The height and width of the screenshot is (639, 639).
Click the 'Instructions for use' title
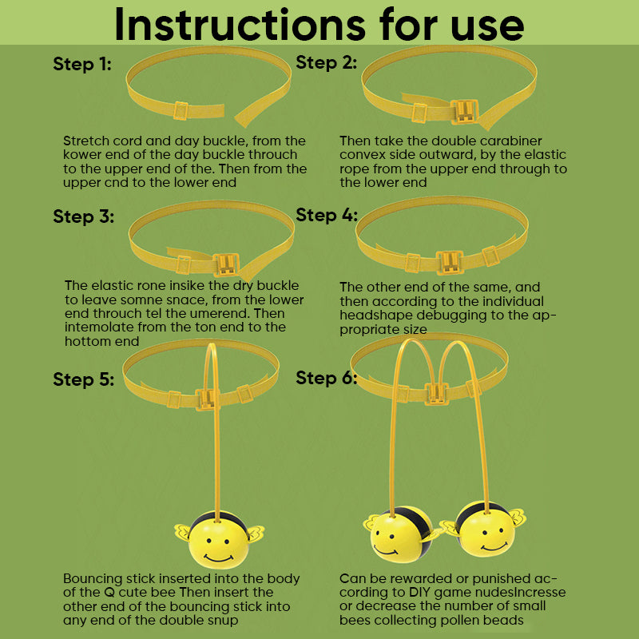[319, 25]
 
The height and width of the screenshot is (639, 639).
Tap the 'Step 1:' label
[82, 65]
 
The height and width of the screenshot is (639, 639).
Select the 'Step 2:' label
[327, 63]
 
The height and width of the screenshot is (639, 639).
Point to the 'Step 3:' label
[84, 216]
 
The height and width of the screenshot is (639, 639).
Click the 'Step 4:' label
[327, 215]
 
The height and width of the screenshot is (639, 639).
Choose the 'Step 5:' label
[84, 379]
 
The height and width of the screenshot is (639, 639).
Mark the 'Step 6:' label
[327, 378]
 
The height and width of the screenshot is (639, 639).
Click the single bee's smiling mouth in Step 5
[218, 558]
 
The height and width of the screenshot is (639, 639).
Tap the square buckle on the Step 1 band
[181, 110]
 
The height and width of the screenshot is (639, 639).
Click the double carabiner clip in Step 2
[465, 111]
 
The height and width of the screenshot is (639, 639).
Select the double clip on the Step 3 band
[226, 264]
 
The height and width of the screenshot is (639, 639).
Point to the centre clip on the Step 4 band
[450, 263]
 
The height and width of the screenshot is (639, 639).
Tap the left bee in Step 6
[401, 534]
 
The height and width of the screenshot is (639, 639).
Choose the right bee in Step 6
[485, 529]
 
